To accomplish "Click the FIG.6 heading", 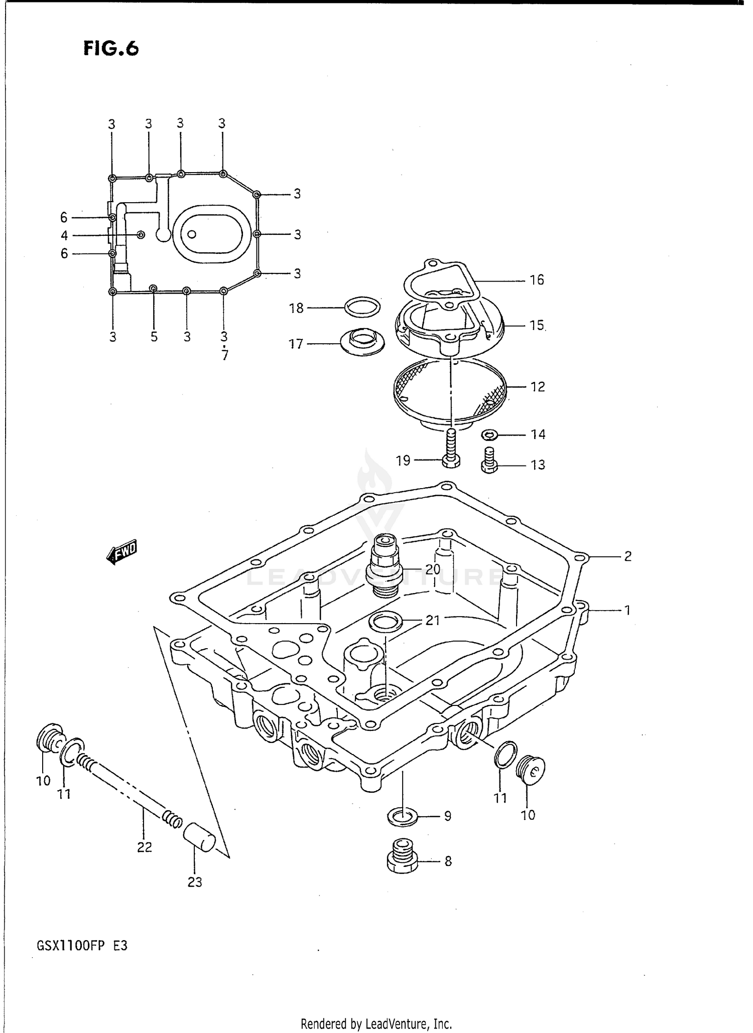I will tap(111, 49).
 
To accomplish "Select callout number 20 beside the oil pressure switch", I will tap(432, 569).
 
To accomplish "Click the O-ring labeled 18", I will tap(362, 307).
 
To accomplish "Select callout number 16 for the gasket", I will tap(537, 280).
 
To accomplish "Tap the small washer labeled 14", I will tap(489, 434).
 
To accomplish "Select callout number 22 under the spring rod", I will tap(145, 847).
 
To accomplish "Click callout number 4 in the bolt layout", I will tap(64, 235).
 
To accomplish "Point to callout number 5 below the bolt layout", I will tap(154, 337).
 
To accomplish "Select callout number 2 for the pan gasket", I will tap(627, 556).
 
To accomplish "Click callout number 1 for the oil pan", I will tap(627, 610).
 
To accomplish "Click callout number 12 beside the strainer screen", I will tap(537, 387).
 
